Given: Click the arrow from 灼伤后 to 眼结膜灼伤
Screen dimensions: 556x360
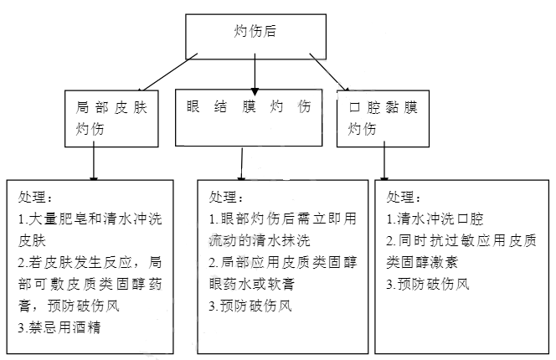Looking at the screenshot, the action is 255,75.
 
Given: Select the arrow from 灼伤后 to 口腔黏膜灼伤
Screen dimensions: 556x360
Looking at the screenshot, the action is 329,72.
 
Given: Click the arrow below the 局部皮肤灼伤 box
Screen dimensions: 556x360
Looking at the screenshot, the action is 94,162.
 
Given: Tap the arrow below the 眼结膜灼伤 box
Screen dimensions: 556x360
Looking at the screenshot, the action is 242,164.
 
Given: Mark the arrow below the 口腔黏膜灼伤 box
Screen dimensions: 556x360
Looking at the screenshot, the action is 384,162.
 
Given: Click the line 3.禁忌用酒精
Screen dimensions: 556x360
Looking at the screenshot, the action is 59,327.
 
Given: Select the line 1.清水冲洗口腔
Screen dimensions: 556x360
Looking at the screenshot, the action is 435,219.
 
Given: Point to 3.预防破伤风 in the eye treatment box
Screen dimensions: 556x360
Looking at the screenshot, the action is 250,306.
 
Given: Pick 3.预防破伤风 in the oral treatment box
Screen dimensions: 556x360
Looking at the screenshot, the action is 428,284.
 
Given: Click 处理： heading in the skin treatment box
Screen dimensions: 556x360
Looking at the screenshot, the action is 35,197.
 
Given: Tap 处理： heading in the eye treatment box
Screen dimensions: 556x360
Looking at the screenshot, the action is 226,197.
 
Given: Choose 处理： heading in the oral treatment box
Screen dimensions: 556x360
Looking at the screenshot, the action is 404,197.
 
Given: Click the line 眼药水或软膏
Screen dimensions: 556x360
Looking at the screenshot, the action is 252,284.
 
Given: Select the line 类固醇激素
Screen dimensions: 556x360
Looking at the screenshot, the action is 422,262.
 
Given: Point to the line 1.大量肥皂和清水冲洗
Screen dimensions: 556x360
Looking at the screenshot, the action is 90,219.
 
